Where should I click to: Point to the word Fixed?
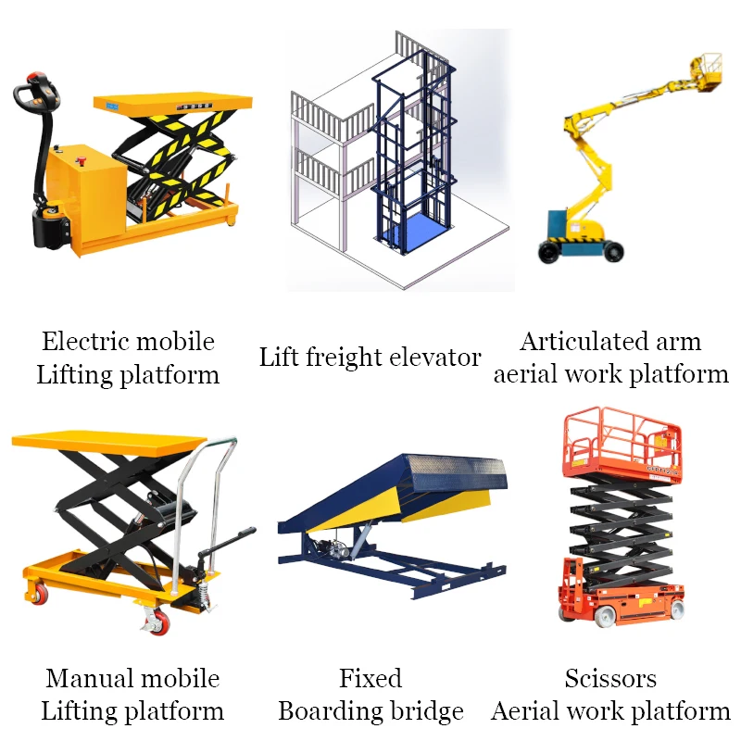point(370,679)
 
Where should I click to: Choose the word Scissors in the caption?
point(610,679)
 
